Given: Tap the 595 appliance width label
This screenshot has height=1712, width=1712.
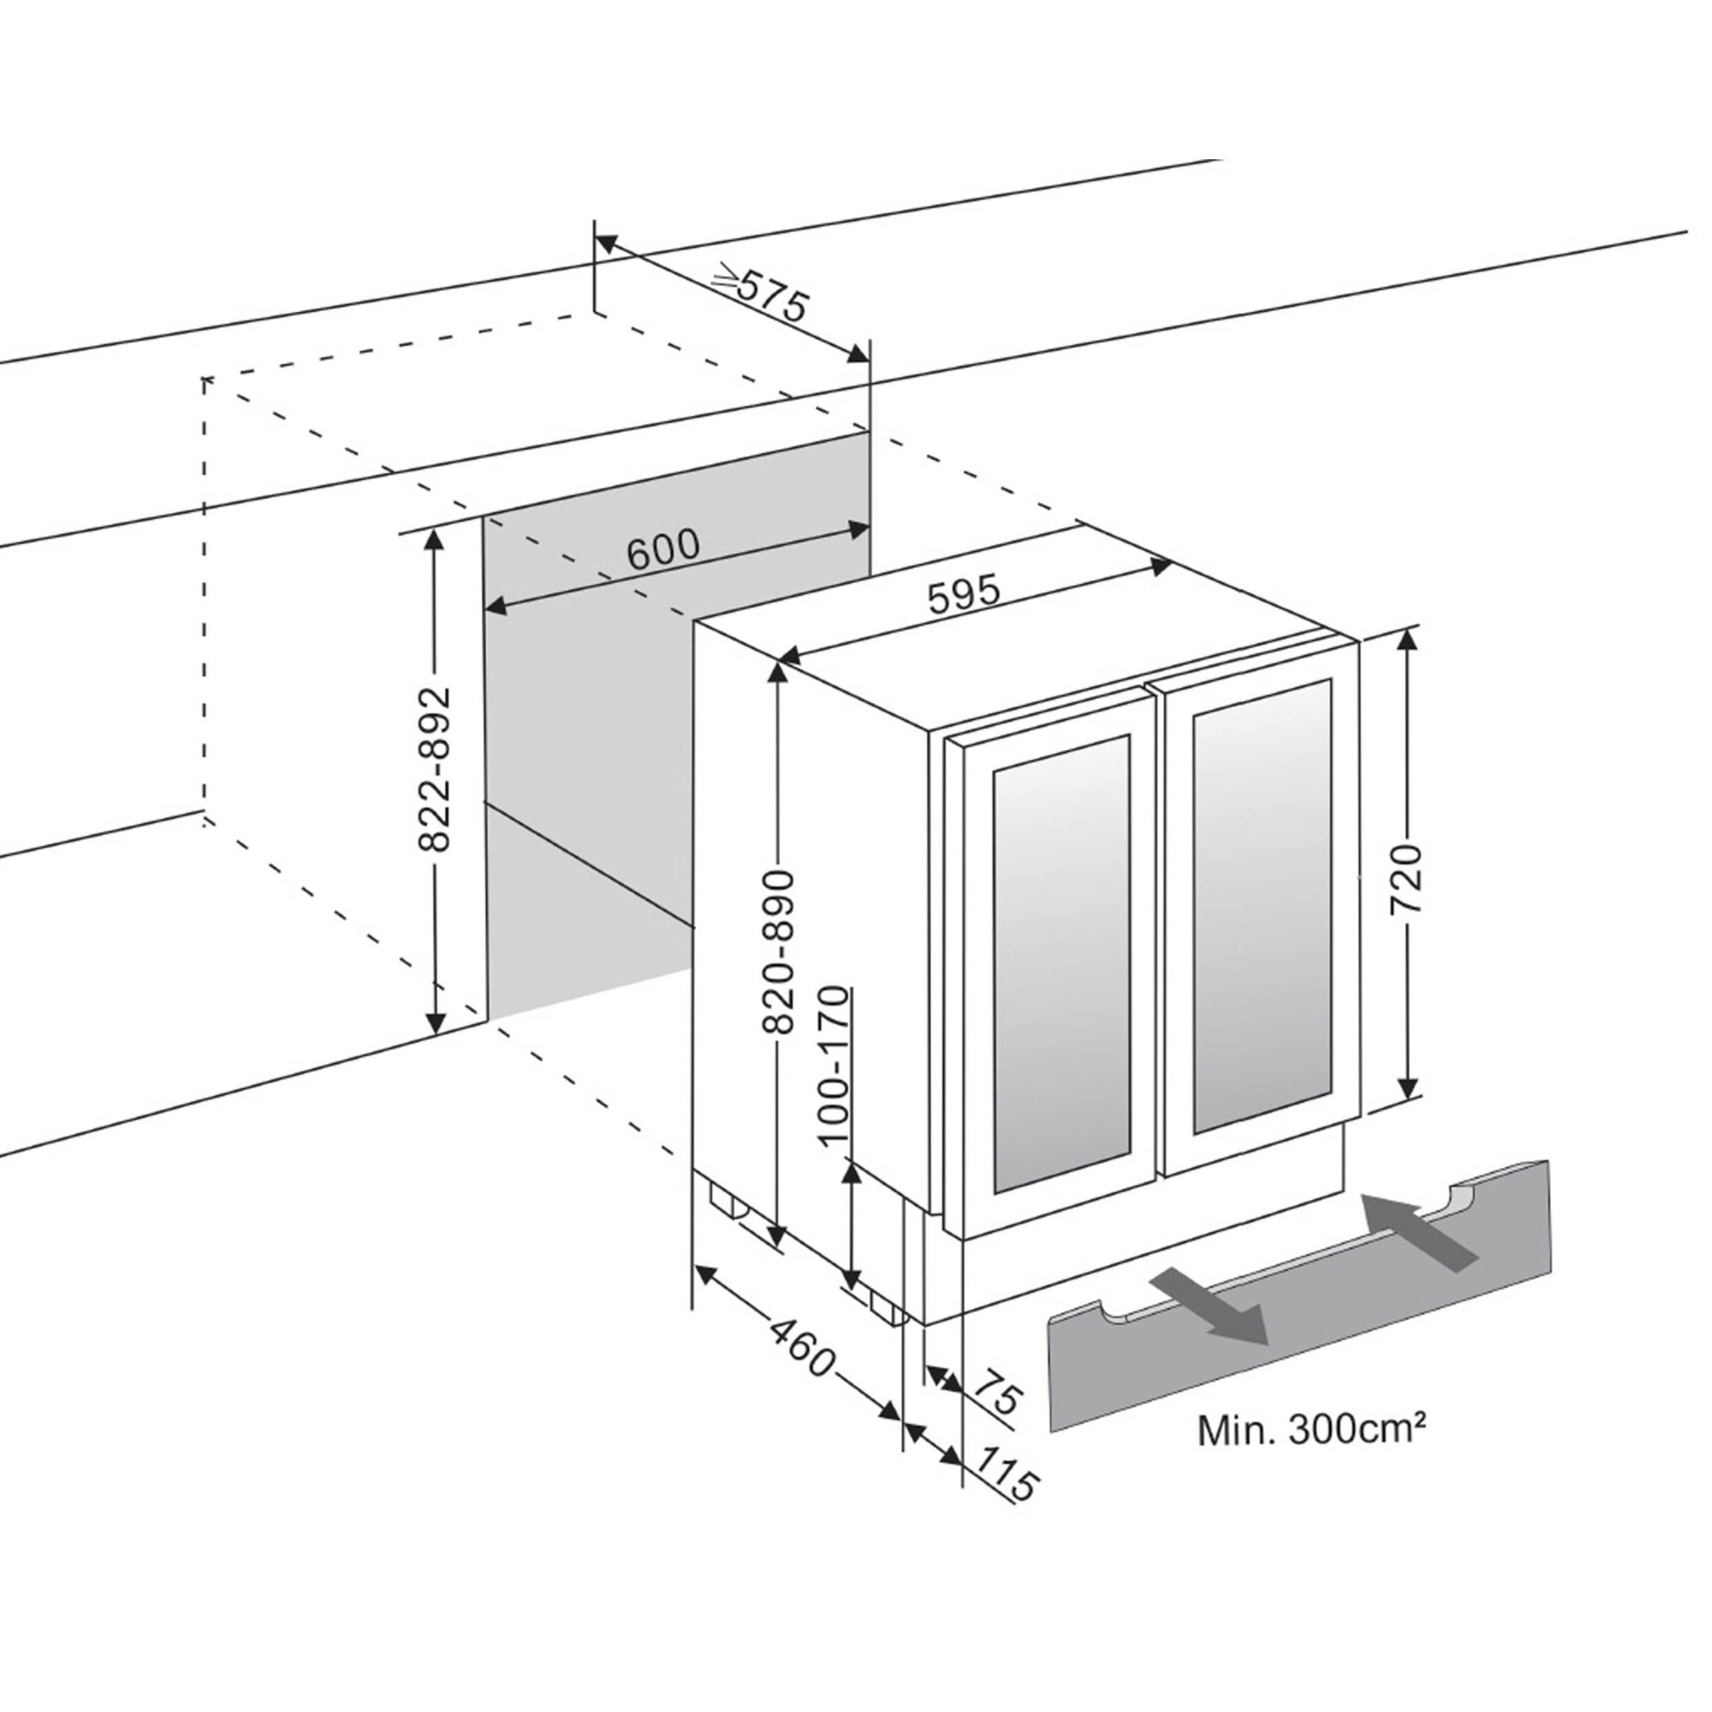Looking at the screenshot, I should coord(964,595).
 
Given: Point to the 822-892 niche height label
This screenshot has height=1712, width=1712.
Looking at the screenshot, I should coord(434,769).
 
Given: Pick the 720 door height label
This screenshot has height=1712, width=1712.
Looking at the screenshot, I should coord(1406,881).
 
